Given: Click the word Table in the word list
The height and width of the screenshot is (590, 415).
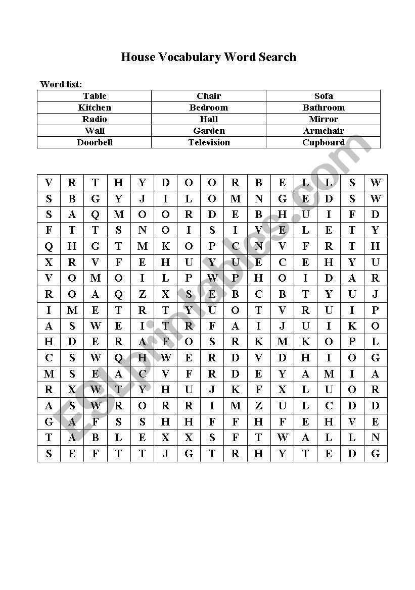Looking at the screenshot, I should pos(95,96).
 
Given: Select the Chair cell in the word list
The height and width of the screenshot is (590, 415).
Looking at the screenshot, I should pos(209,96).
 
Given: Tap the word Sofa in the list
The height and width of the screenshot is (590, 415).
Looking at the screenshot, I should pos(324,96).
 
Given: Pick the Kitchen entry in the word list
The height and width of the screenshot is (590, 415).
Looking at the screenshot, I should pos(95,108).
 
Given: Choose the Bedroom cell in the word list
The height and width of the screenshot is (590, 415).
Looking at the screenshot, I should pos(209,108).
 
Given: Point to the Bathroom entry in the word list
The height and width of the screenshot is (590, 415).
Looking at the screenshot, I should pos(324,108).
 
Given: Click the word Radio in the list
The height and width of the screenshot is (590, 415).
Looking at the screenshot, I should pos(95,119).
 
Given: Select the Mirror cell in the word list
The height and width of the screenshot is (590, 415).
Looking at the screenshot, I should pos(324,119).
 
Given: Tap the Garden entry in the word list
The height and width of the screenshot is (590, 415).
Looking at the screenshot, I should pos(209,131).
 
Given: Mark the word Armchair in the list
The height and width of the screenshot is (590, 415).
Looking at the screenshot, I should pos(324,131).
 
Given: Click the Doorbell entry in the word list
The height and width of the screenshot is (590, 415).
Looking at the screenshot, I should pos(95,142).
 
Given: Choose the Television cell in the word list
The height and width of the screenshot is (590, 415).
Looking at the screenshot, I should pos(209,142).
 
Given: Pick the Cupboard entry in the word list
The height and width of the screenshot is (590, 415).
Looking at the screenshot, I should pos(324,142).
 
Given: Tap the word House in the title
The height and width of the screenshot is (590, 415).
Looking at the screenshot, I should pos(138,57).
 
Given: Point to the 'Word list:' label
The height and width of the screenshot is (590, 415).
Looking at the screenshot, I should pos(61,84).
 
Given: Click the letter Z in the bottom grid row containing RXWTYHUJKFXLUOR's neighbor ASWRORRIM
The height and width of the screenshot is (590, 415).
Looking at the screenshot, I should pos(259,406).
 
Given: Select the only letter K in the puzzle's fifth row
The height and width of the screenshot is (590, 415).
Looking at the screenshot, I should pos(165,246).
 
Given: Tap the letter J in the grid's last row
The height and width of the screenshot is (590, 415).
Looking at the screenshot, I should pos(165,454).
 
